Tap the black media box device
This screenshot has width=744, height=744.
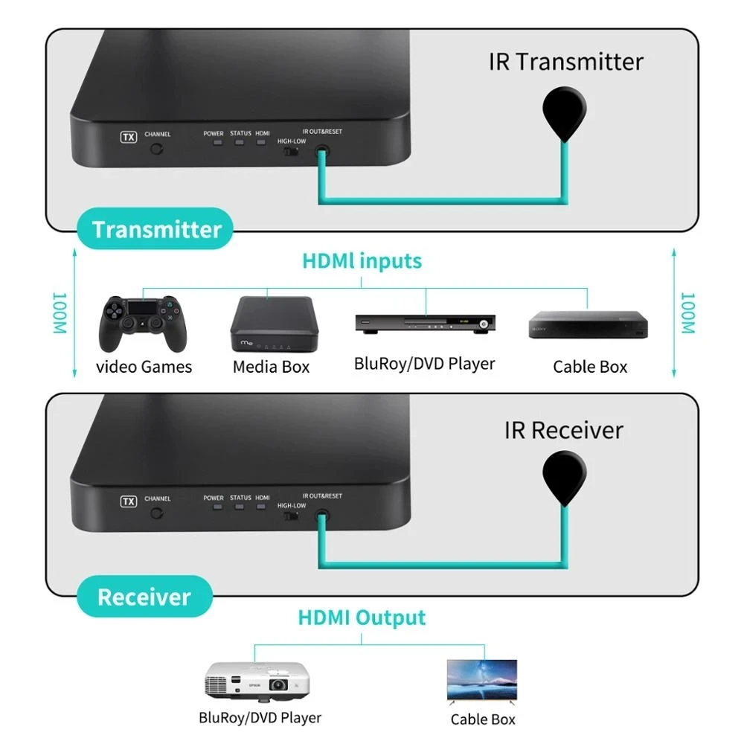pyautogui.click(x=271, y=324)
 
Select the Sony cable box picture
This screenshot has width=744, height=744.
pyautogui.click(x=589, y=325)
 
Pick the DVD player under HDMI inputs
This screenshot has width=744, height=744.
pyautogui.click(x=425, y=322)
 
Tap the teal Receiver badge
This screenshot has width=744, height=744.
pyautogui.click(x=144, y=597)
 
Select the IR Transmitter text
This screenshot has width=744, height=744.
pyautogui.click(x=565, y=61)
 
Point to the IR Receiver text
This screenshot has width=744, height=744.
pyautogui.click(x=563, y=429)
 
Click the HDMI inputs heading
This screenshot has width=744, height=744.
pyautogui.click(x=362, y=261)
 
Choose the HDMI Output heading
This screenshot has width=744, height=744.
pyautogui.click(x=362, y=618)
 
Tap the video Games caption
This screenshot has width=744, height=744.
pyautogui.click(x=144, y=367)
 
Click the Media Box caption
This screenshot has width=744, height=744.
pyautogui.click(x=271, y=367)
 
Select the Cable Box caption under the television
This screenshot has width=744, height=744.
pyautogui.click(x=483, y=719)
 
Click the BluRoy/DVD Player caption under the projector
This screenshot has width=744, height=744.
pyautogui.click(x=260, y=718)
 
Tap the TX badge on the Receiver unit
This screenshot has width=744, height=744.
pyautogui.click(x=129, y=501)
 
